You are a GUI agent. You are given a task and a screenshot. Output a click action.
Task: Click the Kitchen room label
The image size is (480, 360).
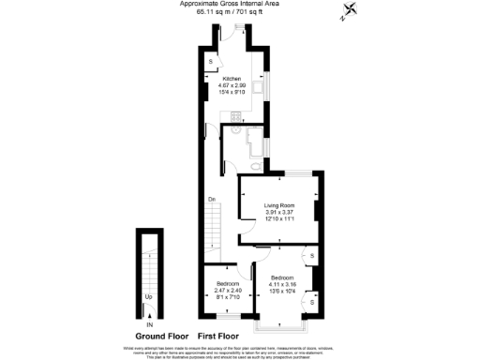click(232, 79)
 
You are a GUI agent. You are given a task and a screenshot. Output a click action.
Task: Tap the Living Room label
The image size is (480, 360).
click(279, 205)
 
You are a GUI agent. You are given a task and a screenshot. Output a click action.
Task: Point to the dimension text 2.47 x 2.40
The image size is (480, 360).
click(229, 290)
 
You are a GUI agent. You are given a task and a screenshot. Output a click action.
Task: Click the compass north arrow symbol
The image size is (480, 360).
click(349, 13)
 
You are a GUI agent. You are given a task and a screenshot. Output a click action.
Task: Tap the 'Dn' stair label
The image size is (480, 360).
click(213, 199)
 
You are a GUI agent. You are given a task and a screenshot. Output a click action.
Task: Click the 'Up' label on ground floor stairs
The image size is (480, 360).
click(148, 298)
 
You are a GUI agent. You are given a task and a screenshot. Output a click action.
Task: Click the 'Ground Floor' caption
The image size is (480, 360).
click(161, 336)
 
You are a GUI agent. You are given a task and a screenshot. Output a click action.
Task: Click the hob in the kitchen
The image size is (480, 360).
click(236, 117)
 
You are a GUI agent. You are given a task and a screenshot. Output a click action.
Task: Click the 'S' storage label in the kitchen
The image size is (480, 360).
click(210, 62)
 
